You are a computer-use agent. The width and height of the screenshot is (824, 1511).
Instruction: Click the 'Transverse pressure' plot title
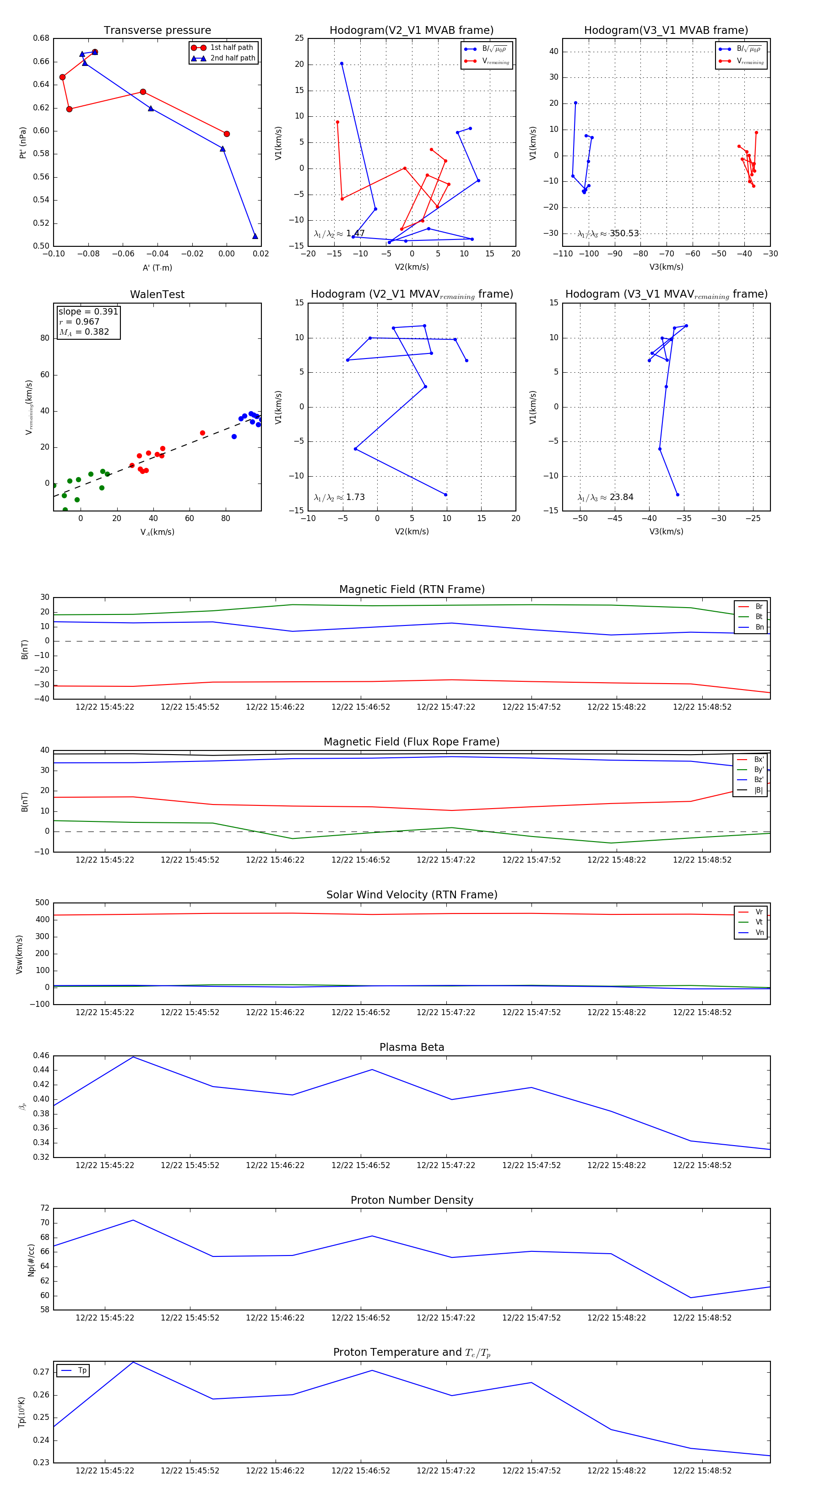157,31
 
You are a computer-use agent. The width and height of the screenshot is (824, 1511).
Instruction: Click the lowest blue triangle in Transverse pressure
255,236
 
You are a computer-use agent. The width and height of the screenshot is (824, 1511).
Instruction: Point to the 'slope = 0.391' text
88,311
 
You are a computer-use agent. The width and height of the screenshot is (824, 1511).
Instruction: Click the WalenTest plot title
157,294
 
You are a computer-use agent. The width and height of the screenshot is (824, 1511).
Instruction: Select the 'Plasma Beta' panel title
412,1047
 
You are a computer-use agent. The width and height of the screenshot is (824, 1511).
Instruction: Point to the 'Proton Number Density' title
412,1200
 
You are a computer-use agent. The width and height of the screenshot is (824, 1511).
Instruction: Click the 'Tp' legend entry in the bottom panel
81,1371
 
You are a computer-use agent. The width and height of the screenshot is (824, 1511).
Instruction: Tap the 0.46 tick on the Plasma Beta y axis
41,1055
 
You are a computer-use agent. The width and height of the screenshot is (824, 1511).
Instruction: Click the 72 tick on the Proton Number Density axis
44,1208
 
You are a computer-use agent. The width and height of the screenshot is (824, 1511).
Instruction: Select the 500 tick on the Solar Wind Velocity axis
42,903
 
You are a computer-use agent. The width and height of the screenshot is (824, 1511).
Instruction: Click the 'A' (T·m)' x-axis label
157,267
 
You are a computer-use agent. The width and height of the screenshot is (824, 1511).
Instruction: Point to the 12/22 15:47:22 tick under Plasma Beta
446,1165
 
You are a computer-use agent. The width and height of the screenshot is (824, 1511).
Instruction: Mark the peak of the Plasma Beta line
133,1057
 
